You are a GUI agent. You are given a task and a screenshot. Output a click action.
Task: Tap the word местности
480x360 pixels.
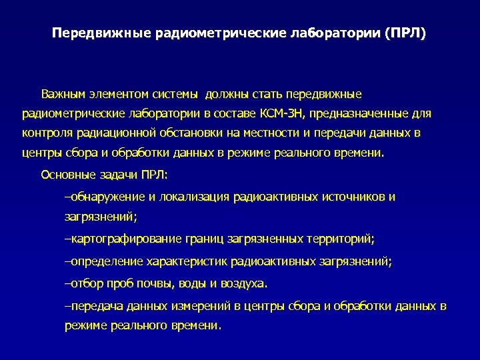click(265, 133)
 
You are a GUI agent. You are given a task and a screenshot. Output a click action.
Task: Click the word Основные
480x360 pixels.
click(66, 175)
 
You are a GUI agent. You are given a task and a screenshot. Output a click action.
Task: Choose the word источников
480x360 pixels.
click(354, 197)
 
